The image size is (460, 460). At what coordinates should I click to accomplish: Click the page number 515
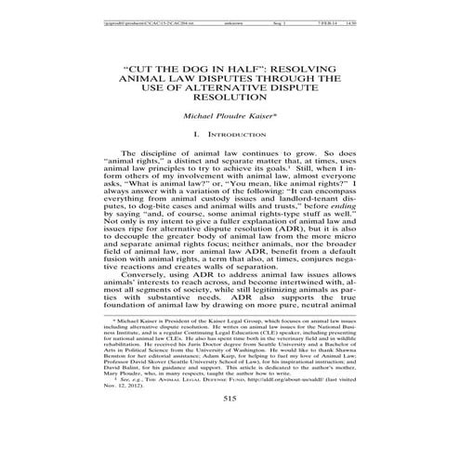coord(230,426)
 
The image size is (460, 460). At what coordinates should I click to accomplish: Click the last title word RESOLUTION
coord(230,99)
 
